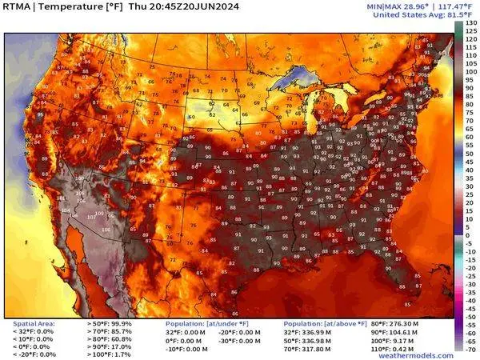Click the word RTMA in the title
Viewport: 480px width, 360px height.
tap(18, 8)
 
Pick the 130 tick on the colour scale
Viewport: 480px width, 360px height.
tap(470, 23)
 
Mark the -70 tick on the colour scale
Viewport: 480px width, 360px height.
tap(470, 350)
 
